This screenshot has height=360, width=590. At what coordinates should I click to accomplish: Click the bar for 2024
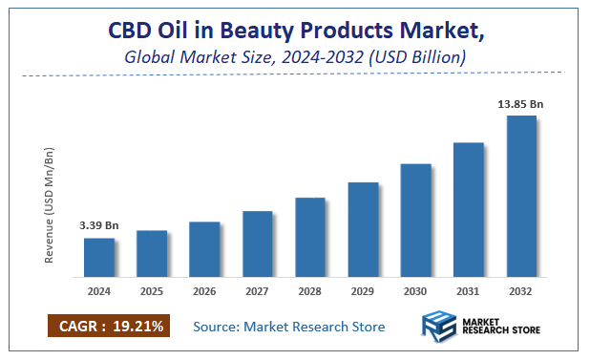click(99, 258)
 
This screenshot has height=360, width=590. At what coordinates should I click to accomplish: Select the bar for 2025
click(152, 254)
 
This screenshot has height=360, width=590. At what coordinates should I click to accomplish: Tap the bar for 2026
click(204, 249)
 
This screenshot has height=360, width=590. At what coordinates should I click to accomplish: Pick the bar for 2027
click(258, 244)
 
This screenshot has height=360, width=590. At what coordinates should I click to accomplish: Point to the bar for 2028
click(310, 238)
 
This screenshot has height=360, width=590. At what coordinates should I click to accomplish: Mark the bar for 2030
click(415, 221)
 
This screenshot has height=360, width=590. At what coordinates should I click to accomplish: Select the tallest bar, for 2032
click(520, 197)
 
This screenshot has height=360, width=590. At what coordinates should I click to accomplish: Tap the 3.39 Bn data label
click(99, 225)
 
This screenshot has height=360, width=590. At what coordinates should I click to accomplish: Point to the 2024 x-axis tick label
click(99, 291)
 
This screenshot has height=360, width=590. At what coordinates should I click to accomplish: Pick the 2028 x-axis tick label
click(310, 291)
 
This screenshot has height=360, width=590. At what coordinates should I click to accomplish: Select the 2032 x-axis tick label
click(520, 291)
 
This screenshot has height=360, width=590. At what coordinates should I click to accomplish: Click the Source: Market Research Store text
click(289, 327)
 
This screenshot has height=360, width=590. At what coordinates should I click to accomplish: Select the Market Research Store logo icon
click(438, 328)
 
